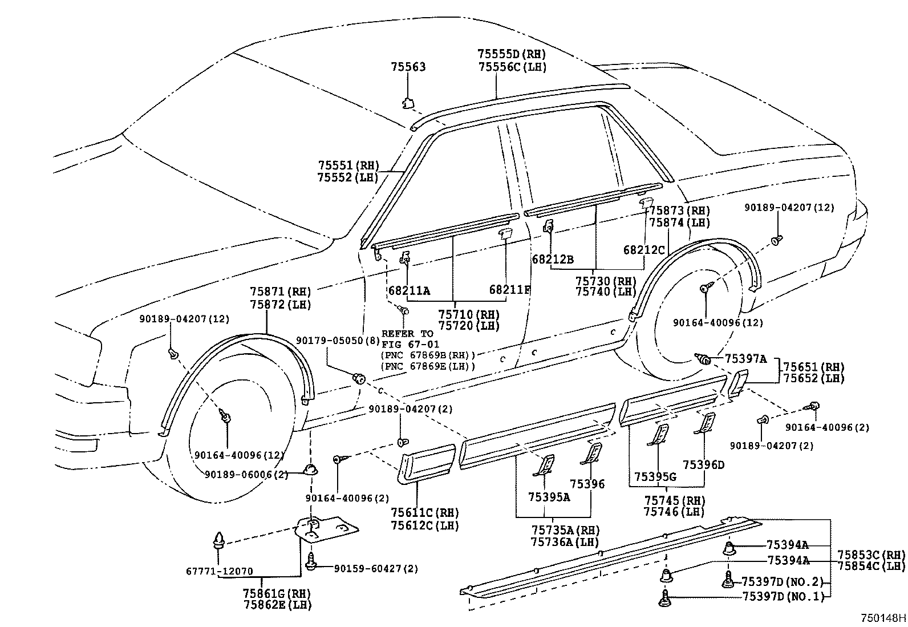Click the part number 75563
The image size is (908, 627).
coord(408,67)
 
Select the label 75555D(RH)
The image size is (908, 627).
coord(511,55)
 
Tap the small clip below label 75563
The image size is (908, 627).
coord(408,103)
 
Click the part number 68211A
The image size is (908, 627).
coord(409,291)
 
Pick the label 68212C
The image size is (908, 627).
coord(644,250)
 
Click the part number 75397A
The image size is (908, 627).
coord(745,359)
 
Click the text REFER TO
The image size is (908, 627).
coord(407,334)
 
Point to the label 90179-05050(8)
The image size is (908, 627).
coord(338,341)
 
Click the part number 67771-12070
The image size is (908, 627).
coord(219,571)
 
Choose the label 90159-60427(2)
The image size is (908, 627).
coord(375,568)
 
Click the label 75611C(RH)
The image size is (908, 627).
coord(425,513)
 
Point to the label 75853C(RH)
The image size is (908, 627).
coord(871,555)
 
